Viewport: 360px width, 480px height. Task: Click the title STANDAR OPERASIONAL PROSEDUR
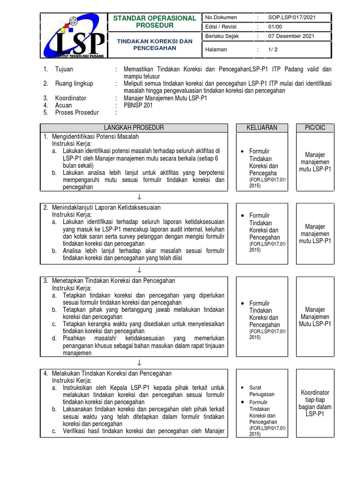coord(155,22)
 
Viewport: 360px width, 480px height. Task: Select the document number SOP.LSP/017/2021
coord(292,17)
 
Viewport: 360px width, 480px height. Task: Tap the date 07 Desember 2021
coord(291,36)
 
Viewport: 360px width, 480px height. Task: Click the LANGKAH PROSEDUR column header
coord(134,127)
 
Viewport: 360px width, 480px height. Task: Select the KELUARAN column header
coord(262,127)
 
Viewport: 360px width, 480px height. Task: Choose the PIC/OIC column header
coord(315,127)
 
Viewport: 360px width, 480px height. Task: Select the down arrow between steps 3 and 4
coord(139,363)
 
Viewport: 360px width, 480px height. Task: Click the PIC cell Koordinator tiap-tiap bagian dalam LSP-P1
coord(315,403)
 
